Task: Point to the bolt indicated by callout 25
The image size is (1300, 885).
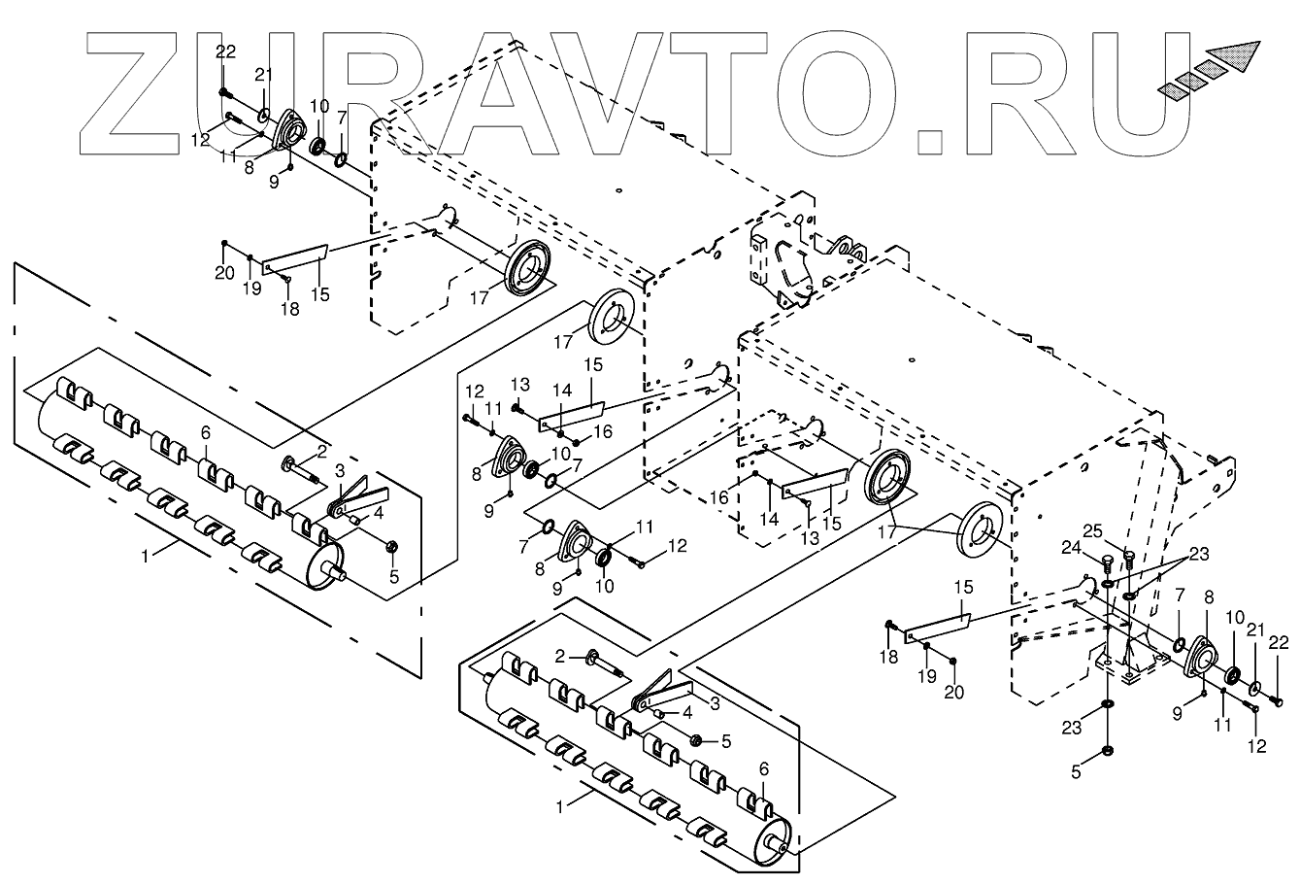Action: pyautogui.click(x=1128, y=558)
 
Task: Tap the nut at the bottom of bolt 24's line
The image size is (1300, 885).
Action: pyautogui.click(x=1109, y=752)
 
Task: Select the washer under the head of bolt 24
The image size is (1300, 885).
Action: pyautogui.click(x=1109, y=585)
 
